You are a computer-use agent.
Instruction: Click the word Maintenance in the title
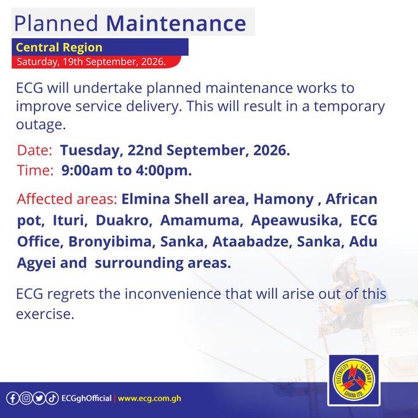[176, 23]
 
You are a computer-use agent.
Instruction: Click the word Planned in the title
[57, 23]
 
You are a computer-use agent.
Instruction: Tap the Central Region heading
[59, 47]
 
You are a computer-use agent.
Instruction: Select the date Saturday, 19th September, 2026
[91, 61]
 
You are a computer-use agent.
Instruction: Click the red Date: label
[34, 150]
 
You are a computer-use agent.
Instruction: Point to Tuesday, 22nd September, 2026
[175, 151]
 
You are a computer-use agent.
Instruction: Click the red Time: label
[36, 170]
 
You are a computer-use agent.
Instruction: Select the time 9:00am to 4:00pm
[127, 170]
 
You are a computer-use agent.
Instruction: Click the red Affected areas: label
[67, 199]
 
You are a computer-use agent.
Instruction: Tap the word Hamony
[283, 199]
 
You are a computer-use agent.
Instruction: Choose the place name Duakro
[122, 220]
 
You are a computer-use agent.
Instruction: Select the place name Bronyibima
[110, 242]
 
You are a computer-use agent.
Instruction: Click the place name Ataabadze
[250, 242]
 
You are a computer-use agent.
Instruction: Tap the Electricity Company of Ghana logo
[353, 380]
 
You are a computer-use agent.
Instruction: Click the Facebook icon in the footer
[12, 398]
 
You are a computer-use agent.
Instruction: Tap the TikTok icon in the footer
[52, 398]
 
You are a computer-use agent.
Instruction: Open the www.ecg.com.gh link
[149, 399]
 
